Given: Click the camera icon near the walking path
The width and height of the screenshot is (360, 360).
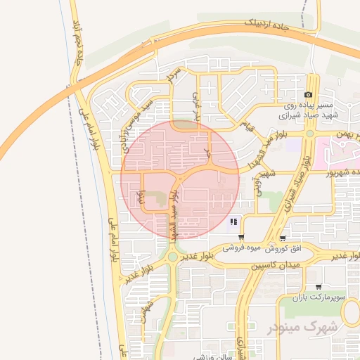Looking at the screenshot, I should pos(308,95).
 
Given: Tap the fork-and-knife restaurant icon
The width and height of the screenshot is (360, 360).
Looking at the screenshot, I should pos(233,223).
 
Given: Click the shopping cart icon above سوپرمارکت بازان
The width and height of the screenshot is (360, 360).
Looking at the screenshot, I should pos(320,287).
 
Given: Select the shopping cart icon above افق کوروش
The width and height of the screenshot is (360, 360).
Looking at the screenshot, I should pos(283,238).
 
